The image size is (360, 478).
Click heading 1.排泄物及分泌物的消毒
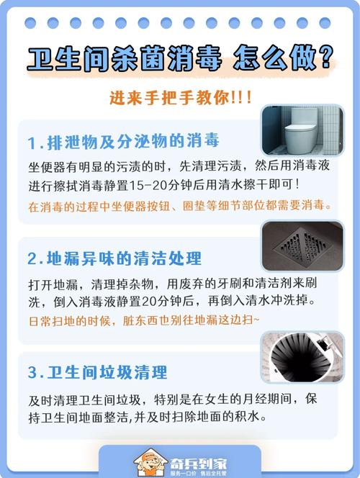123,140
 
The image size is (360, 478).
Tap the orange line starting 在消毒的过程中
181,206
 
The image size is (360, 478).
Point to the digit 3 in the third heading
34,373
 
